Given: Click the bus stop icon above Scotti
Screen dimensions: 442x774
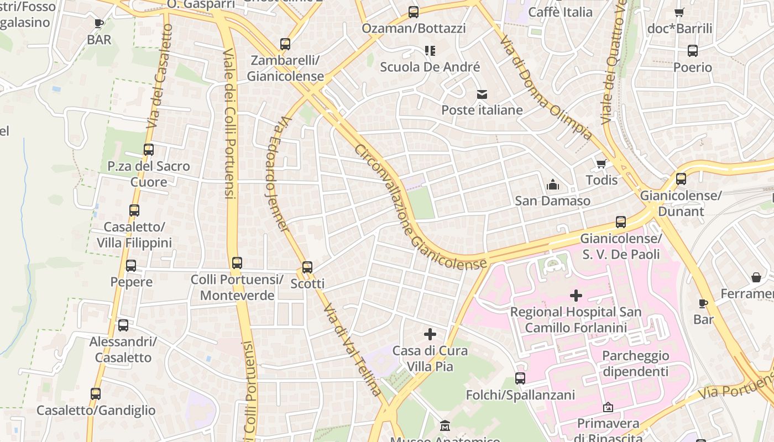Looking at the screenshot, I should point(307,267).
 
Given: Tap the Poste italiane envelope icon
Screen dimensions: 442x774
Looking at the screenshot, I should point(482,94).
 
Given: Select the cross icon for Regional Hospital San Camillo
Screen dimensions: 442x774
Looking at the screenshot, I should point(576,296).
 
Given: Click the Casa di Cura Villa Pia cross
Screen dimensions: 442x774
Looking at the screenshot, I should point(430,334).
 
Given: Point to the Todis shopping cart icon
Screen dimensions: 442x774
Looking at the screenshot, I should point(602,164).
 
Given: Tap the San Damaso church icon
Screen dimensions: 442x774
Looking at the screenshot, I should point(552,185).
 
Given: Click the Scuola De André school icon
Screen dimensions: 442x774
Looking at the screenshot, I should point(430,51).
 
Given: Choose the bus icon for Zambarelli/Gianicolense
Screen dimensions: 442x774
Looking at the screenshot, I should point(285,44).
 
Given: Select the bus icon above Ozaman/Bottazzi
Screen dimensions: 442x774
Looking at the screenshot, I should point(413,12).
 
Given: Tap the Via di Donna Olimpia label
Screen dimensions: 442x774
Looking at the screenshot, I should point(545,88).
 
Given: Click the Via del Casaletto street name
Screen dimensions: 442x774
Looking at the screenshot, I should point(160,76).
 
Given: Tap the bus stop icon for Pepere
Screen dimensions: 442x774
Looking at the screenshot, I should point(131,266).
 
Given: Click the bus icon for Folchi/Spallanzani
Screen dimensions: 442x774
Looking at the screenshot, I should point(520,378).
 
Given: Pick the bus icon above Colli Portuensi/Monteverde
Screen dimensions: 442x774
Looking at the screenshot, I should point(237,263).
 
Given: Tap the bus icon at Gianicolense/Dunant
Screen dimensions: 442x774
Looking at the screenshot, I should point(681,179).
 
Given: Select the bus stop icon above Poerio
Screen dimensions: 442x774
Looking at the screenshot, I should point(693,51).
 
